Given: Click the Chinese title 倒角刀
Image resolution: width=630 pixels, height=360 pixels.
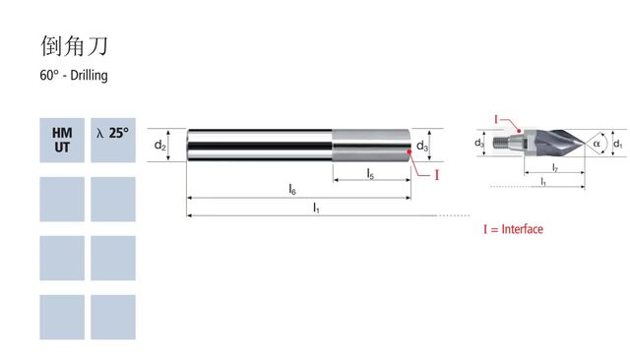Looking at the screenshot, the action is pyautogui.click(x=75, y=45).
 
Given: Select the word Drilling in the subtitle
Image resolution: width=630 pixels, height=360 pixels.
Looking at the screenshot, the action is pyautogui.click(x=89, y=76).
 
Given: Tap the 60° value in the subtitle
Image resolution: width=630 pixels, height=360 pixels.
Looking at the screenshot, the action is pyautogui.click(x=49, y=75).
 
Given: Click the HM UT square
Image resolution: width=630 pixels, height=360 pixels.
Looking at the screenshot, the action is pyautogui.click(x=62, y=140).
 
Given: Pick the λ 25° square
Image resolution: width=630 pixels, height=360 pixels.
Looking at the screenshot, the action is pyautogui.click(x=113, y=140).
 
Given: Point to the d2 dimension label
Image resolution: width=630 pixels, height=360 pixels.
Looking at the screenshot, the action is pyautogui.click(x=159, y=145).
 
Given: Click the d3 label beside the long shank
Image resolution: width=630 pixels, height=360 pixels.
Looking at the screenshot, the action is pyautogui.click(x=422, y=146).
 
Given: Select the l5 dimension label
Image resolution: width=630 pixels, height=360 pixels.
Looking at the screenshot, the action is pyautogui.click(x=370, y=174).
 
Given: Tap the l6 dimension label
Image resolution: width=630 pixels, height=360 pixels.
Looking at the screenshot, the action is pyautogui.click(x=292, y=189).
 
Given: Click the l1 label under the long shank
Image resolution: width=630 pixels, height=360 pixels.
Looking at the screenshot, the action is pyautogui.click(x=316, y=208).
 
